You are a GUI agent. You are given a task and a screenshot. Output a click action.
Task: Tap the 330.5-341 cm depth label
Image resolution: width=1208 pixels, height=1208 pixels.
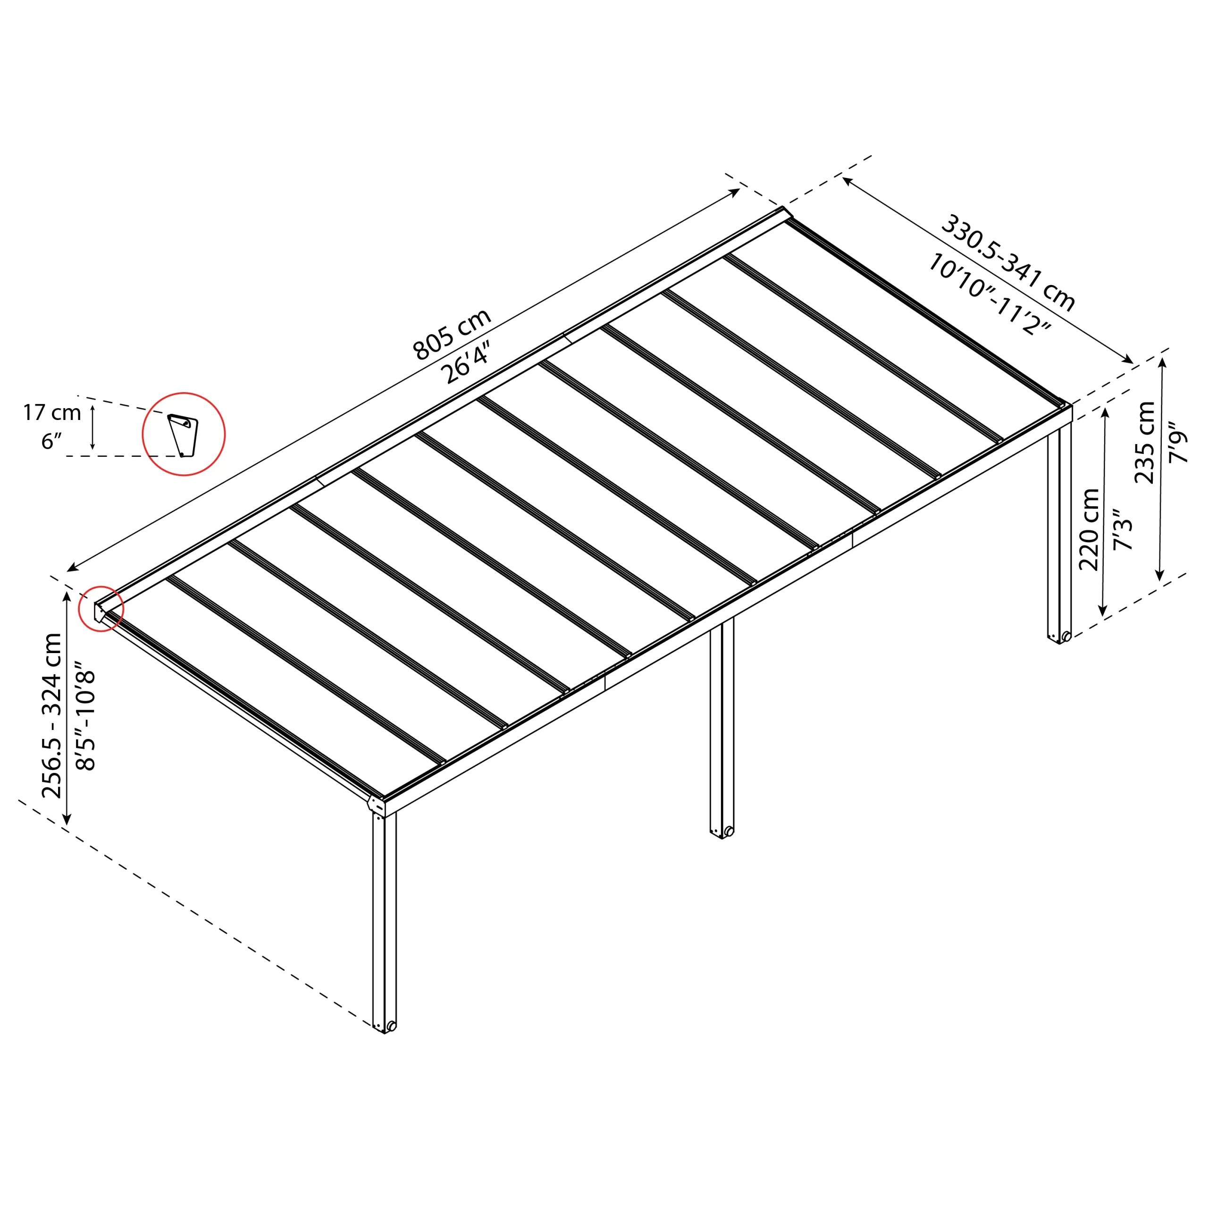pyautogui.click(x=1008, y=263)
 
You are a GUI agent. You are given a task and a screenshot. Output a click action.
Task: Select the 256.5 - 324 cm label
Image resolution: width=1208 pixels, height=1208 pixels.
pyautogui.click(x=52, y=715)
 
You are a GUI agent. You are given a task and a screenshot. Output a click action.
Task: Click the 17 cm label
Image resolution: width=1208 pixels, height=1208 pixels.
pyautogui.click(x=52, y=413)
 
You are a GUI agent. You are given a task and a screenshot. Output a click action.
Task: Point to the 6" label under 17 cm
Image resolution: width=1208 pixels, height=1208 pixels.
pyautogui.click(x=51, y=441)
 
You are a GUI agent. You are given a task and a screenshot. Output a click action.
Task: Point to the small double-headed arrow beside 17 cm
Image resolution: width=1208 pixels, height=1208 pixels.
pyautogui.click(x=92, y=427)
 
